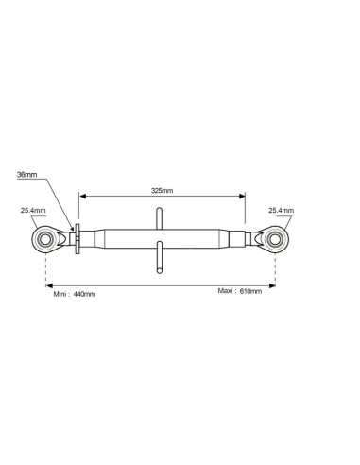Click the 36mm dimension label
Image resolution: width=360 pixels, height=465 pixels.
[27, 174]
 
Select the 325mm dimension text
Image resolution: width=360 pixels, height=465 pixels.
[162, 191]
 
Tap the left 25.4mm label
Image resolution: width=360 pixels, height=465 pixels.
[33, 210]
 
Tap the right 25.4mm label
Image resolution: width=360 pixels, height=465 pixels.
[281, 210]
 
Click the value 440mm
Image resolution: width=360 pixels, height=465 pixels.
[84, 294]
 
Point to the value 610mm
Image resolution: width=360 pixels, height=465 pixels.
[250, 291]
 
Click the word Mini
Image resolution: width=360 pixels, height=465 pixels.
[60, 294]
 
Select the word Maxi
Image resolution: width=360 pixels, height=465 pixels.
[226, 291]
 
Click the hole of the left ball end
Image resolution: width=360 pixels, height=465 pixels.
[45, 239]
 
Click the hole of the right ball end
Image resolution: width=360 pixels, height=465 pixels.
[275, 239]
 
